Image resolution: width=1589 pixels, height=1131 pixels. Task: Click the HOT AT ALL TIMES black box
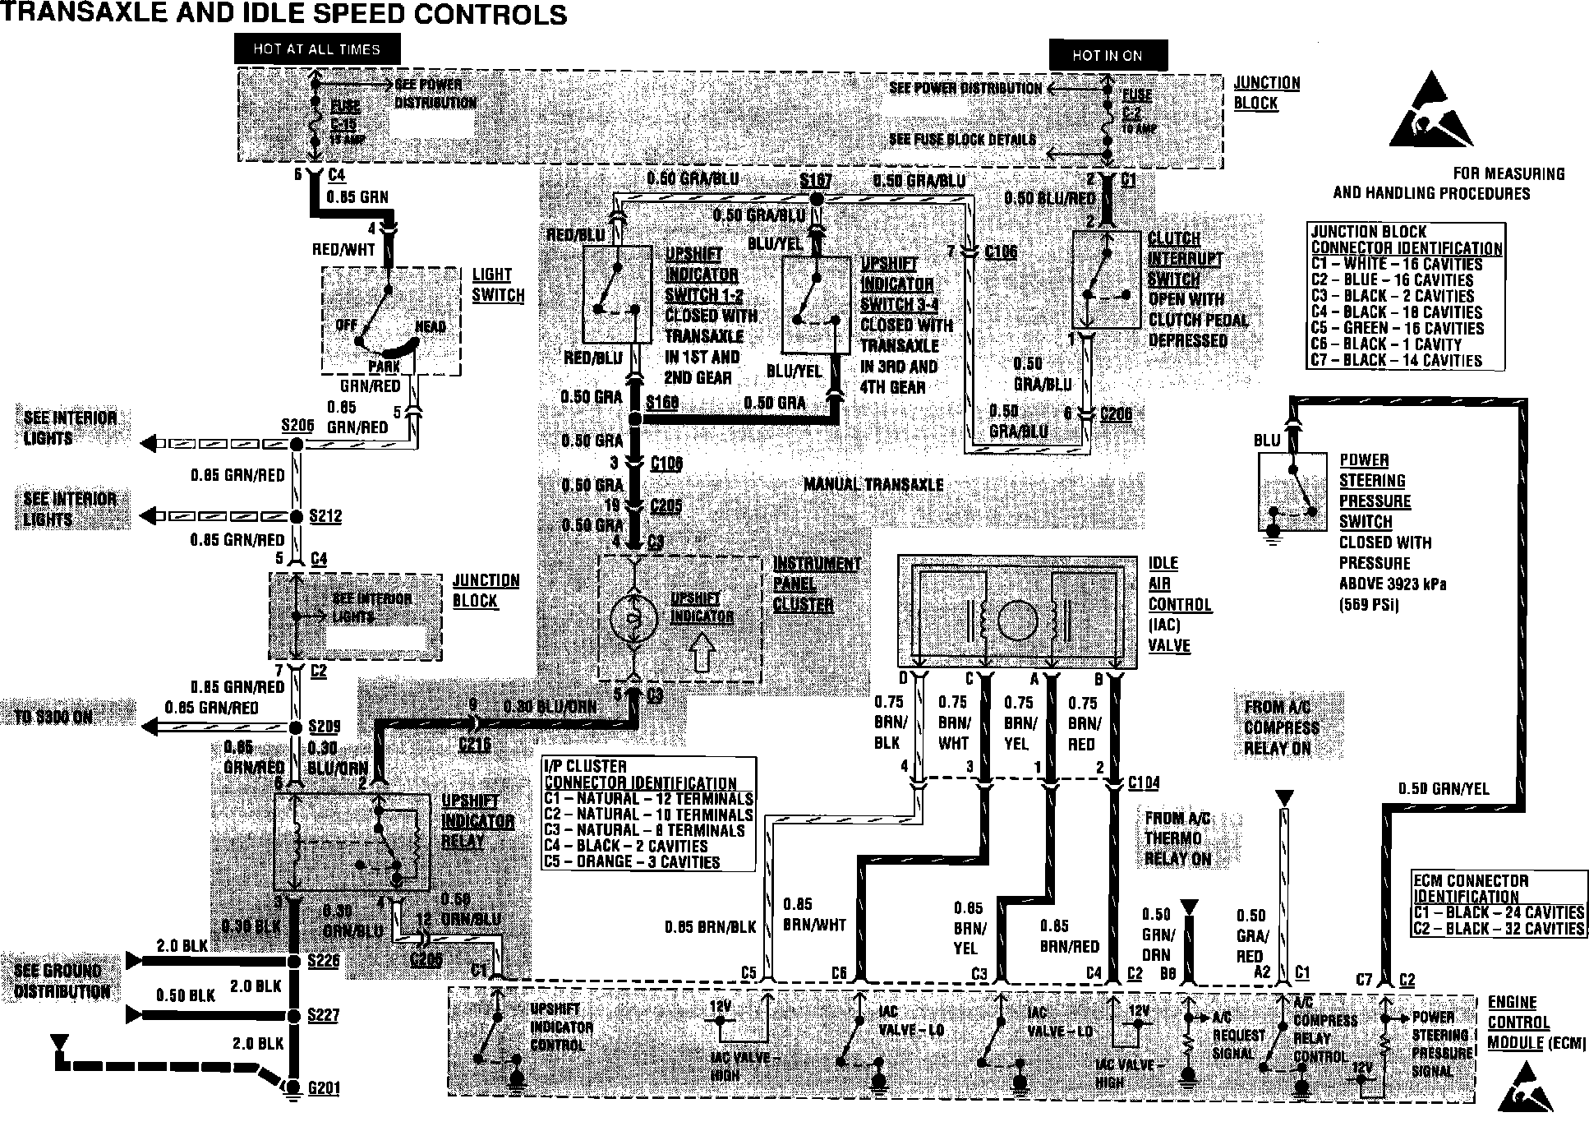pos(316,49)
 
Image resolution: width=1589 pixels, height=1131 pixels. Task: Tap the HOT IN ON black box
pos(1107,55)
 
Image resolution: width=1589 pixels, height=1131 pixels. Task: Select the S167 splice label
pos(815,181)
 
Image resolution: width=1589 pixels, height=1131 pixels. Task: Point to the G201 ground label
pos(323,1088)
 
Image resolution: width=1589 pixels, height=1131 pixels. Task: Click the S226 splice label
pos(324,960)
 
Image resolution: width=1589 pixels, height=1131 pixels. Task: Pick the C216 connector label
pos(475,744)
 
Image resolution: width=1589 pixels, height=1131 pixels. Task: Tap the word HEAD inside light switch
pos(431,326)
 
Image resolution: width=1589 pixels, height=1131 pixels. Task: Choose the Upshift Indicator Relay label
pos(477,820)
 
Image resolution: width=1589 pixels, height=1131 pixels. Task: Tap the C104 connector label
pos(1144,782)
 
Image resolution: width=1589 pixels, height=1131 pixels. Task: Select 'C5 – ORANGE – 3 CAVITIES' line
pos(632,862)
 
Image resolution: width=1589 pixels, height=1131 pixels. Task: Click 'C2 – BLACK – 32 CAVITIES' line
pos(1499,928)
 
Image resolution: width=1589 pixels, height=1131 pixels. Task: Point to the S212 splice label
pos(325,516)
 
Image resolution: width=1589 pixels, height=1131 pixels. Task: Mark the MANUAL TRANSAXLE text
pos(873,484)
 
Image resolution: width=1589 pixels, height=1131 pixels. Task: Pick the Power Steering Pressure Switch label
pos(1375,491)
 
